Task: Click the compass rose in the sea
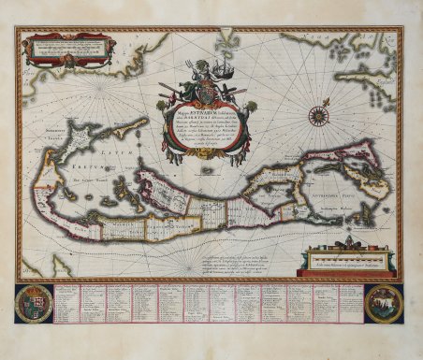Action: [318, 117]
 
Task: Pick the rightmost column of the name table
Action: [349, 303]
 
